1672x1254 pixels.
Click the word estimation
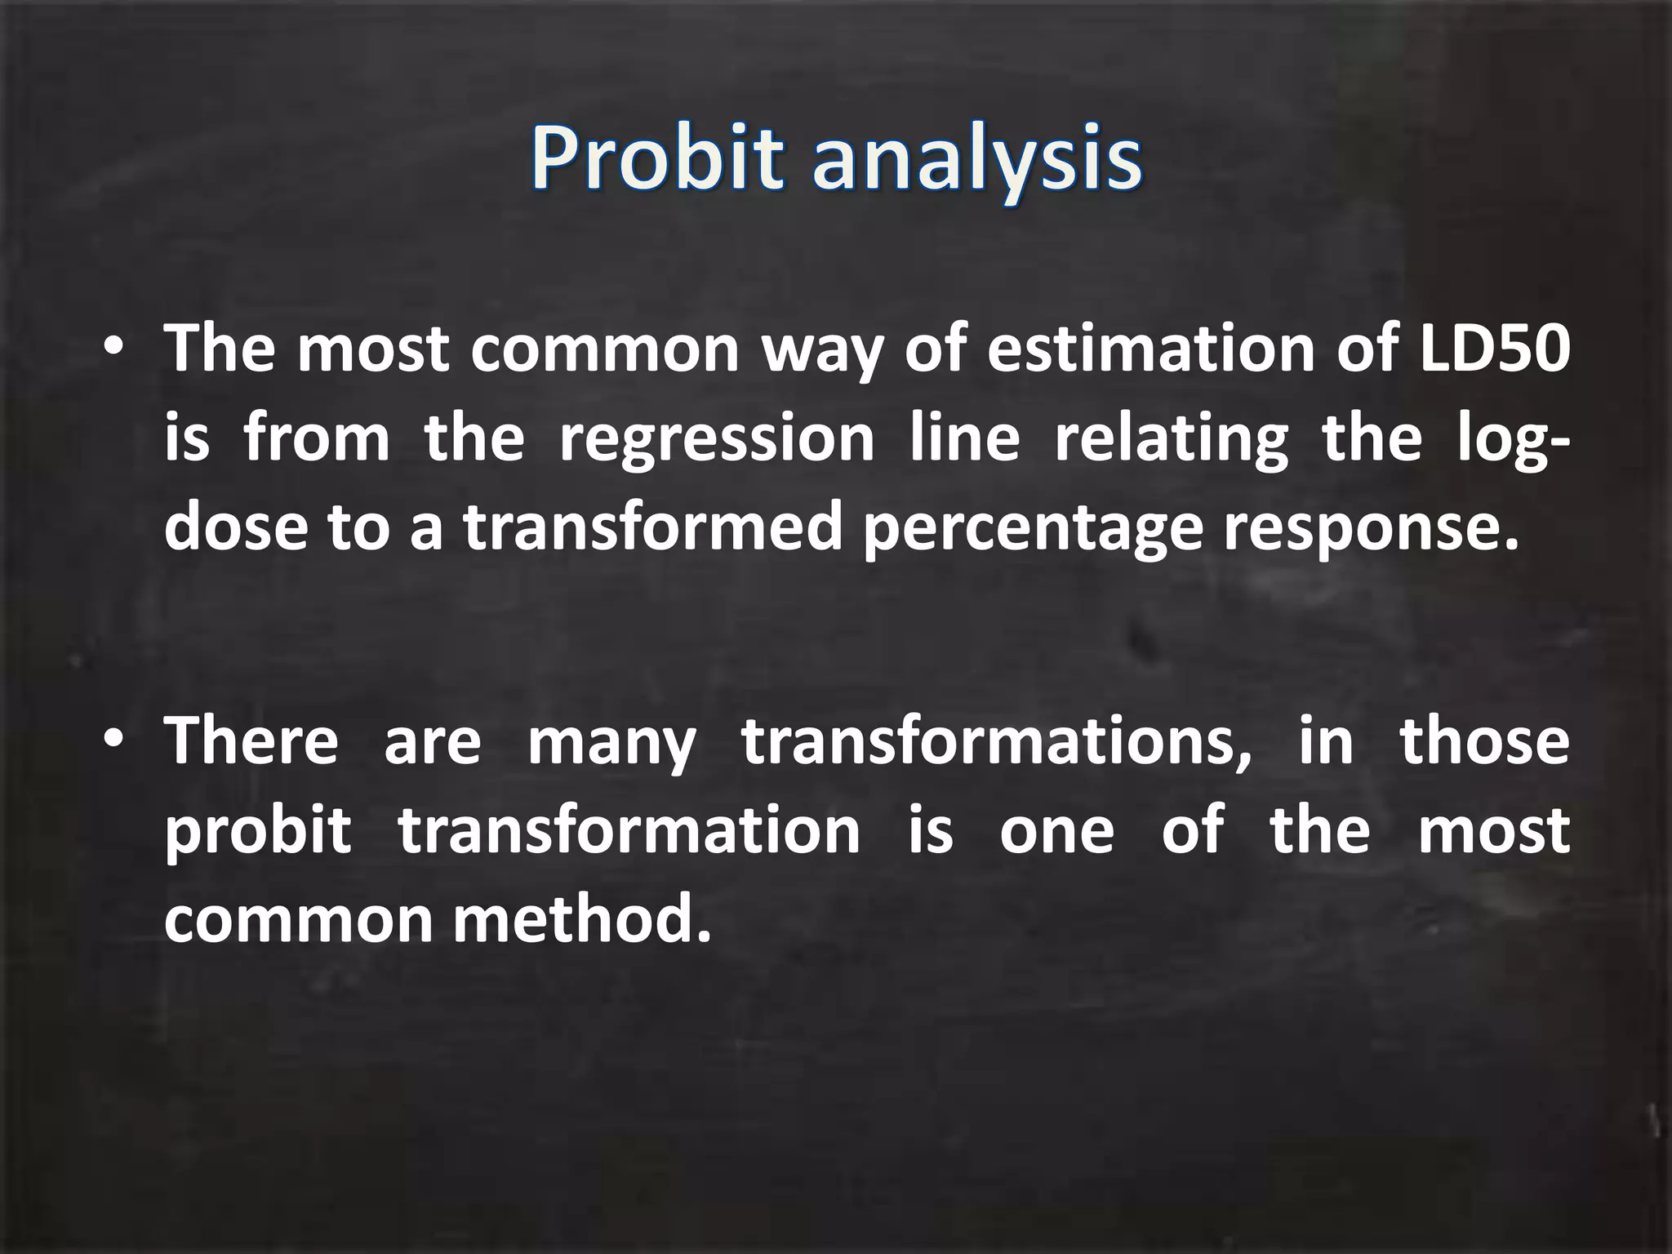click(1151, 349)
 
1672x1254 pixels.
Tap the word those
click(1484, 740)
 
